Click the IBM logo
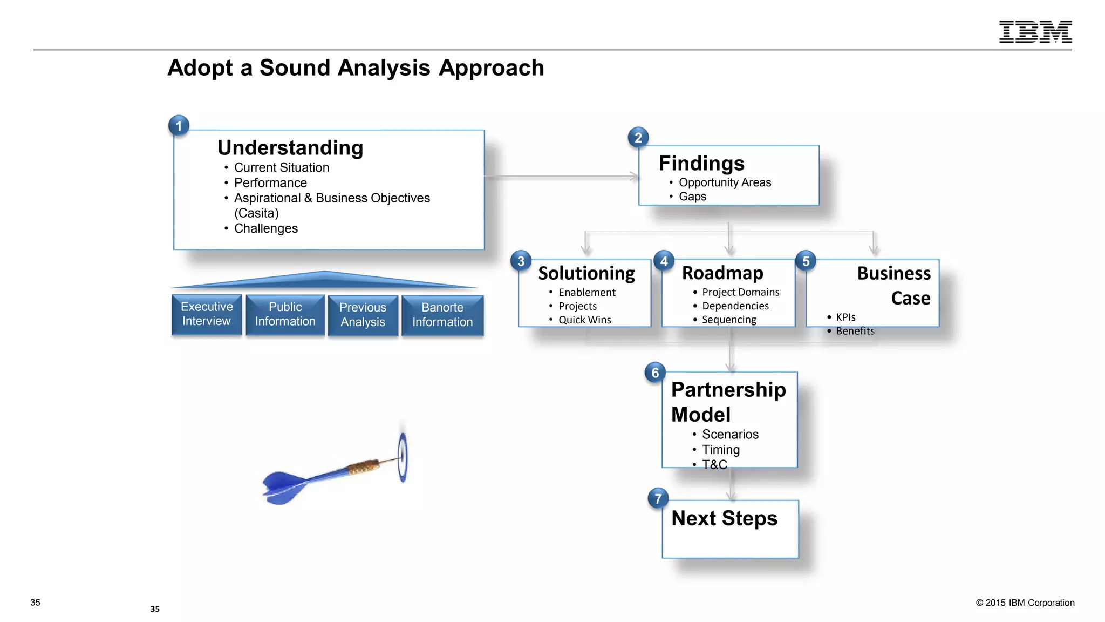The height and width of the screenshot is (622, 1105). [x=1035, y=32]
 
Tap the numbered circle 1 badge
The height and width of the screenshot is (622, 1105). [x=179, y=126]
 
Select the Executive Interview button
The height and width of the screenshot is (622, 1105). [x=207, y=314]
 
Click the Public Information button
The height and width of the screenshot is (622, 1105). [x=285, y=314]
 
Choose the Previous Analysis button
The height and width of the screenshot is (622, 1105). [x=363, y=315]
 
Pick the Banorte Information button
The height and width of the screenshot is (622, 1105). [x=442, y=315]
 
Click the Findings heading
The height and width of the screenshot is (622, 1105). [x=701, y=163]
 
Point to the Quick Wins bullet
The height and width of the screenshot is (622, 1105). [x=584, y=320]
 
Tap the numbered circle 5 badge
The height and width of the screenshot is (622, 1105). [x=806, y=261]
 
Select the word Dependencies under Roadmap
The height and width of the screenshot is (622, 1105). [x=735, y=306]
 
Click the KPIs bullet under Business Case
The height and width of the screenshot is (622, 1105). [x=845, y=317]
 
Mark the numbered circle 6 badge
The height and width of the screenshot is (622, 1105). [x=655, y=373]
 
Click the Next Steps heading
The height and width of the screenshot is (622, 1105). [x=724, y=518]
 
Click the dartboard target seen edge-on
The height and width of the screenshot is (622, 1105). [x=403, y=457]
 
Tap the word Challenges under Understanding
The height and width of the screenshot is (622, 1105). [x=265, y=228]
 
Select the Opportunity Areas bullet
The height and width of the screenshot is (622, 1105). [x=725, y=182]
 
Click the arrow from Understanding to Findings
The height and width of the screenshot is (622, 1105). [x=561, y=177]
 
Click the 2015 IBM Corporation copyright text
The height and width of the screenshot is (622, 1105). [x=1025, y=603]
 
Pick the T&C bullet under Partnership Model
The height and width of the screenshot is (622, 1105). [x=714, y=464]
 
